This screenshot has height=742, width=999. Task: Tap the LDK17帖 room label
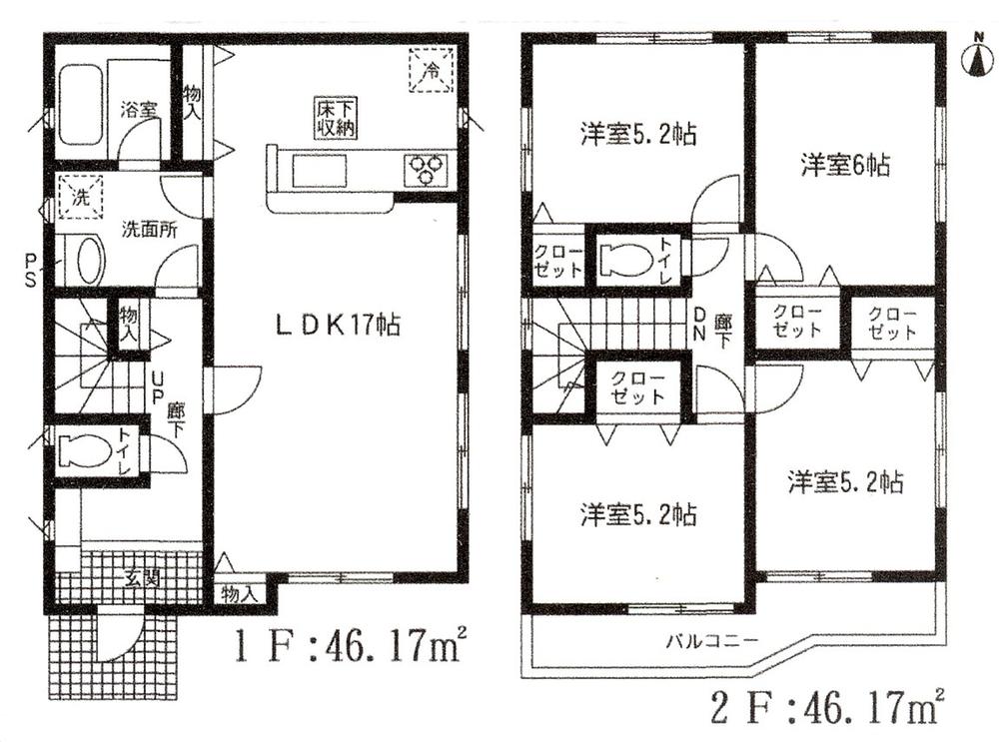tap(338, 325)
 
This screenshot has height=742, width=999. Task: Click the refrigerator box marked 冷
tap(430, 71)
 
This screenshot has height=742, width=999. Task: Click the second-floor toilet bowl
tap(631, 259)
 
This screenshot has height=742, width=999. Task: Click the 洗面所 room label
tap(149, 228)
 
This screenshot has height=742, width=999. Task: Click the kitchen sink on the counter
tap(319, 170)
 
